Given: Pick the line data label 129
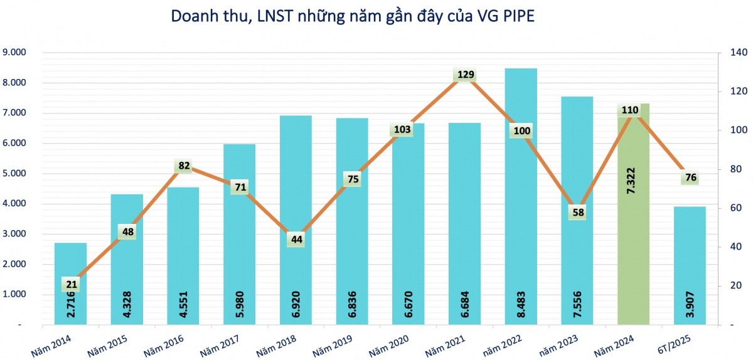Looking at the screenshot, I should (465, 75).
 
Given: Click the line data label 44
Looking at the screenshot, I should (296, 240).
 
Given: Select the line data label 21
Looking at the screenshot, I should (71, 285).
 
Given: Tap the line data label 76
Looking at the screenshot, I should (690, 177).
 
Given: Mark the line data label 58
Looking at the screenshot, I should (577, 213).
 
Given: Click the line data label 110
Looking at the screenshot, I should (629, 110).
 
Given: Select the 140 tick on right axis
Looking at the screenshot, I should (730, 53).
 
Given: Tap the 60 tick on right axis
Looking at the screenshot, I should (728, 208).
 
